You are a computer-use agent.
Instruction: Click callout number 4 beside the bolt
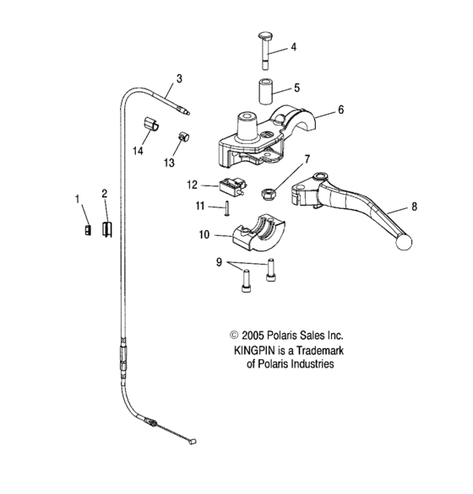[x=294, y=47]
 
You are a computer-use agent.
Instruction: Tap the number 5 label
[x=296, y=87]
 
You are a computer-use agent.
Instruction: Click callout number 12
[x=192, y=185]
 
